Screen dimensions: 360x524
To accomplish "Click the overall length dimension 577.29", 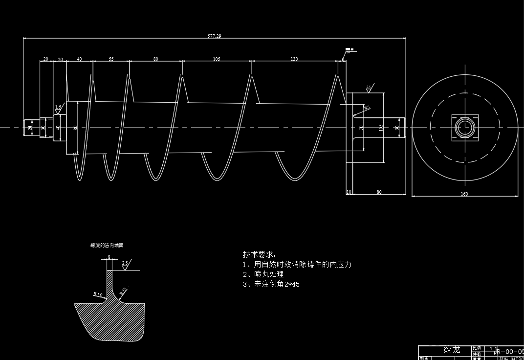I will click(x=215, y=36).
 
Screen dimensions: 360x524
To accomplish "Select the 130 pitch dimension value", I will click(x=294, y=59).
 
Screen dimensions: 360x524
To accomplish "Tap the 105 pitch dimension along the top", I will click(x=217, y=59).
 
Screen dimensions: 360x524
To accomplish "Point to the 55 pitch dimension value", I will click(x=111, y=59).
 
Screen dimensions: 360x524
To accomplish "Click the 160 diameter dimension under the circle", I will click(x=464, y=194).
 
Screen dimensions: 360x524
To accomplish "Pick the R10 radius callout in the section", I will click(x=98, y=294).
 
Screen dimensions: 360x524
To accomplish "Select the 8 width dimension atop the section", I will click(x=109, y=257).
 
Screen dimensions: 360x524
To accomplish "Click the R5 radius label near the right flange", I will click(x=367, y=107).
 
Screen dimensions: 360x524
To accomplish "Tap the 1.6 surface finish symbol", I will click(x=58, y=107).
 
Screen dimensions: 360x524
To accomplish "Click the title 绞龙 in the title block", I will click(x=452, y=350).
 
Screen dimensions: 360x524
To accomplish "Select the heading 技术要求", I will click(x=260, y=255).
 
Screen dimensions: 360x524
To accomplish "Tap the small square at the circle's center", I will click(x=464, y=128).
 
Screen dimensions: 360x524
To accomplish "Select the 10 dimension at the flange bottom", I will click(x=349, y=192).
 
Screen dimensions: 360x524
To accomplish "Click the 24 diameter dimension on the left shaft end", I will click(x=30, y=128).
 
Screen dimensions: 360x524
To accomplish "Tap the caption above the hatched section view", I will click(x=107, y=246).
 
